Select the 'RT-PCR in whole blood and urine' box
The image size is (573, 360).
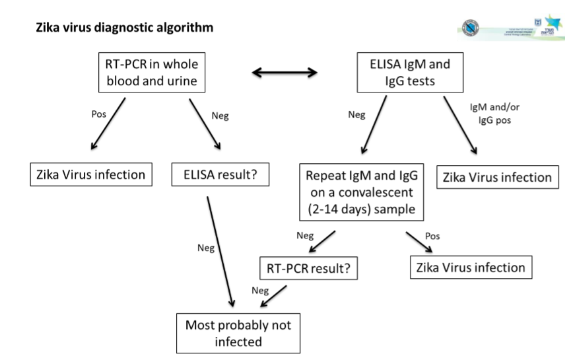click(x=148, y=73)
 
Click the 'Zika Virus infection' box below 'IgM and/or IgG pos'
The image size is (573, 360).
click(x=497, y=177)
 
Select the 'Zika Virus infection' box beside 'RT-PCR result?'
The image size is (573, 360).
click(x=471, y=268)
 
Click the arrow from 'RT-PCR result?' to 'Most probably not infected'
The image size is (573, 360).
click(x=273, y=297)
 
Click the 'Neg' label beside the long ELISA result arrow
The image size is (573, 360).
click(x=205, y=248)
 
